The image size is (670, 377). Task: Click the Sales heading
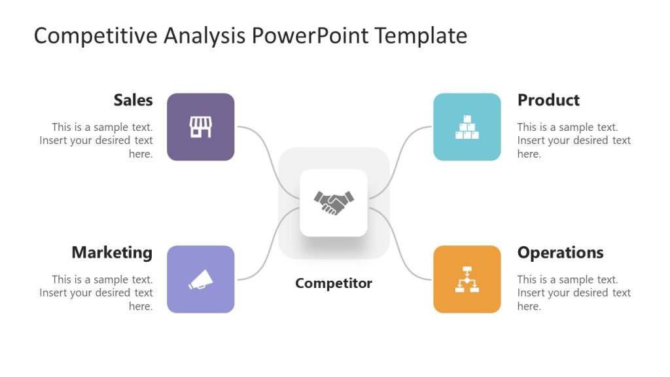[133, 100]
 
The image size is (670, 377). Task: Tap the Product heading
[548, 100]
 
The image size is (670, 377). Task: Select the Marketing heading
[112, 253]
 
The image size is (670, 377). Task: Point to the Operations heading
[560, 253]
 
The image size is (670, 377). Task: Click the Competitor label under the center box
[334, 283]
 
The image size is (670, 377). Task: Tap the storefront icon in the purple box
[201, 127]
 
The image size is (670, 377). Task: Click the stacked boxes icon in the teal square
[467, 127]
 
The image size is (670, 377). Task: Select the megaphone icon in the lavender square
[201, 279]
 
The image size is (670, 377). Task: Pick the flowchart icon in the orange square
[467, 279]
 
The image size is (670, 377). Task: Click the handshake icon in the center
[334, 202]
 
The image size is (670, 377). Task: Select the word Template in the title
[421, 36]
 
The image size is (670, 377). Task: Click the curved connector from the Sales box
[268, 157]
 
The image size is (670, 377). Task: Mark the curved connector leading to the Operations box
[400, 249]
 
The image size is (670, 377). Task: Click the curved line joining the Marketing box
[268, 249]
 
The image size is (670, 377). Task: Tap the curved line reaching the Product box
[400, 157]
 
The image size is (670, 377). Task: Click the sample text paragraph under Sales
[98, 141]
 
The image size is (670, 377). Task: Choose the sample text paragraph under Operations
[574, 293]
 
